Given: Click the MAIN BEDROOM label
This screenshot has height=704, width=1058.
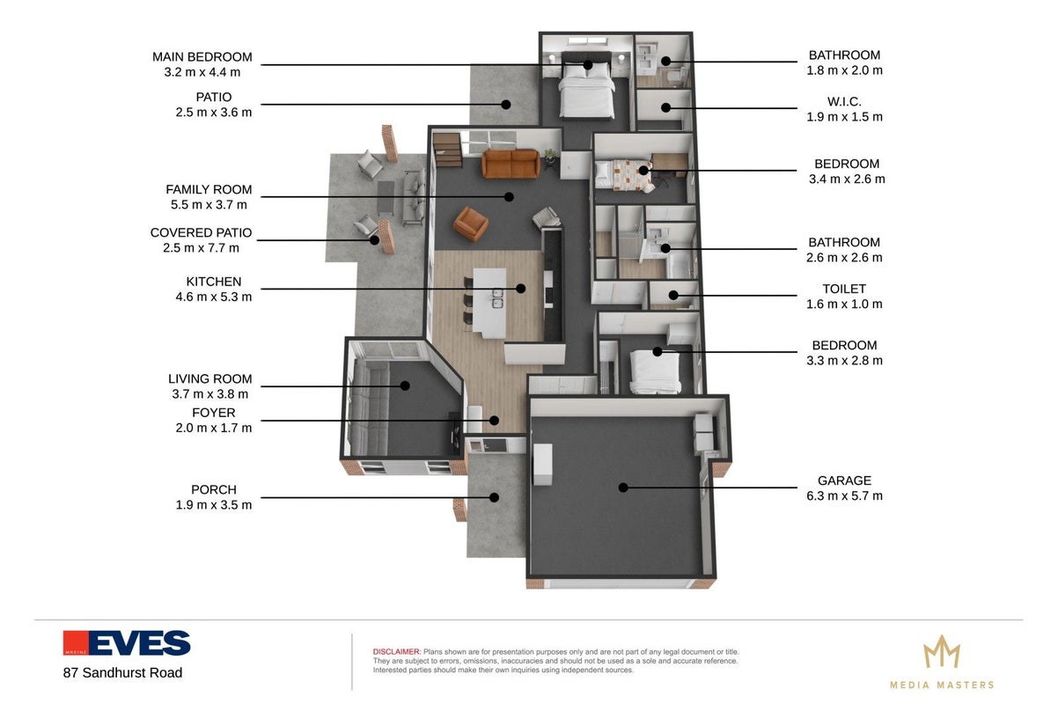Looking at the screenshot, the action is [x=202, y=57].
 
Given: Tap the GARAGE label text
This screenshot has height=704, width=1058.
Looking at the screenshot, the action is [x=844, y=480].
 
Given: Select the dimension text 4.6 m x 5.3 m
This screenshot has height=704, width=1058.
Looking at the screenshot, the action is [x=214, y=297].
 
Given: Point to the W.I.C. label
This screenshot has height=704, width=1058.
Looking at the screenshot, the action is [x=844, y=101].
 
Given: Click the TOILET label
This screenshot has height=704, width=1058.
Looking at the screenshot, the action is [x=844, y=289].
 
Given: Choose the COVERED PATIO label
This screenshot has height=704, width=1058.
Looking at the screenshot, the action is [x=201, y=233].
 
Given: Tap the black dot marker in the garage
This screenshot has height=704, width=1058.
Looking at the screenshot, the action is [x=623, y=488].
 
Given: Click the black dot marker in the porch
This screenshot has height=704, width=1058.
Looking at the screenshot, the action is [x=494, y=498].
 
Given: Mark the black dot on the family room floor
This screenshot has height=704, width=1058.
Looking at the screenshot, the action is [x=509, y=197].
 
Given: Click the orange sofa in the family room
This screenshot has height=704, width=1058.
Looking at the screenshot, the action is [x=511, y=164].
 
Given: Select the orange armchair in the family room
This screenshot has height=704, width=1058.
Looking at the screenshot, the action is [x=470, y=224].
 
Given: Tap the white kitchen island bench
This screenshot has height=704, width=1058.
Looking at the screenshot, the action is [x=489, y=303].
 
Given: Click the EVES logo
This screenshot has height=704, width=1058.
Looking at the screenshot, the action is [x=127, y=643].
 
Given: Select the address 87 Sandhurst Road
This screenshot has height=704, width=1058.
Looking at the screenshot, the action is [x=123, y=673].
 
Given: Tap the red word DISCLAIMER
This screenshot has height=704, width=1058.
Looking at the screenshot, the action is [x=396, y=651].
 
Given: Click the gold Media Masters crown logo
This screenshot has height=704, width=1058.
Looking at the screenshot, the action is [x=942, y=652].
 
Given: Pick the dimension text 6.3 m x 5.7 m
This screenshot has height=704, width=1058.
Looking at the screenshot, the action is [x=844, y=495].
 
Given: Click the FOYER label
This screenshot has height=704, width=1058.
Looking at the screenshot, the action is [x=214, y=413].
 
